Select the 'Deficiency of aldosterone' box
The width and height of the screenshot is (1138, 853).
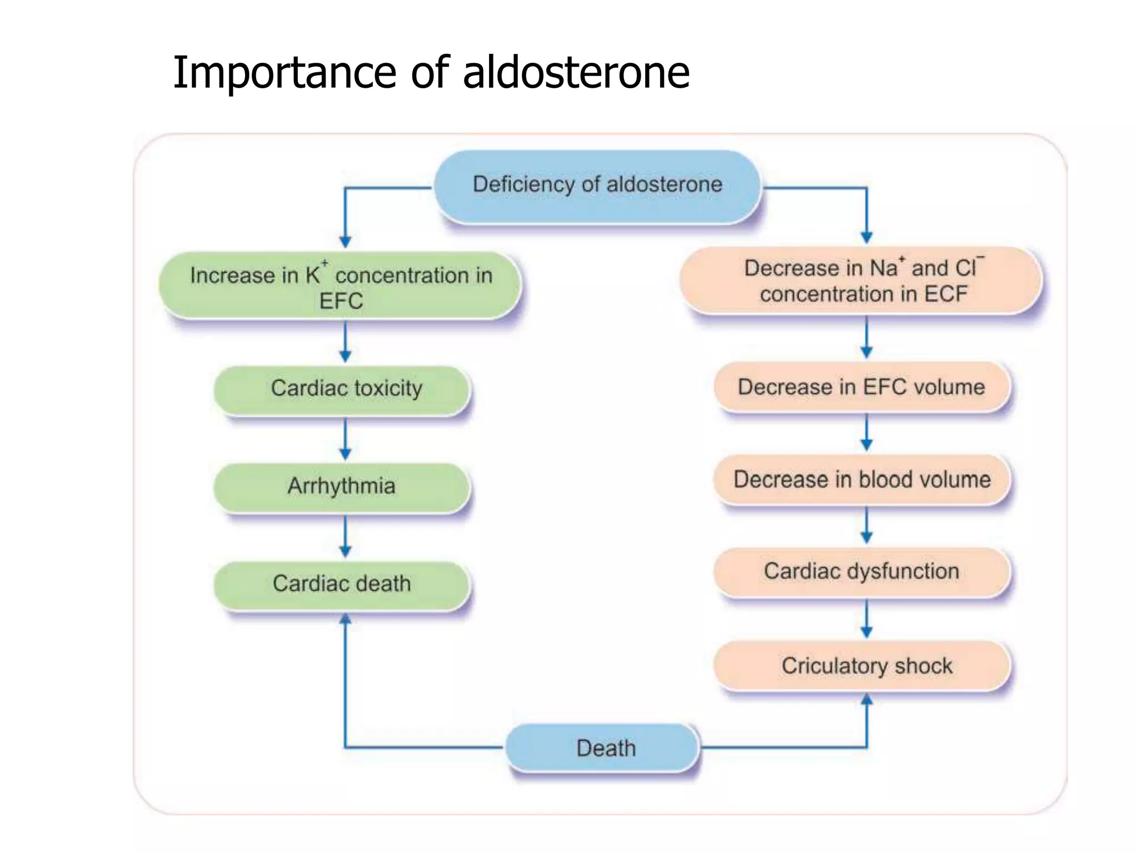[x=597, y=185]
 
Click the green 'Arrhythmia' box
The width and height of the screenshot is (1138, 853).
[x=342, y=486]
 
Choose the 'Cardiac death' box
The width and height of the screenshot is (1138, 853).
[x=342, y=584]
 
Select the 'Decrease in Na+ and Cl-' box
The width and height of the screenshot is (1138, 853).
[x=861, y=281]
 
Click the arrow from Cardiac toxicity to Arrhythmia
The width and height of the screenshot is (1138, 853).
[x=345, y=439]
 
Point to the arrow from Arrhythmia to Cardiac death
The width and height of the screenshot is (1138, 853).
[x=345, y=536]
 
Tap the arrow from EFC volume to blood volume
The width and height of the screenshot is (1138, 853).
[x=866, y=433]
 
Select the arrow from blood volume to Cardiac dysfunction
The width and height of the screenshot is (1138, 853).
[x=866, y=525]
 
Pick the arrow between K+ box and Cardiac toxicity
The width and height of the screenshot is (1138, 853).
[x=345, y=342]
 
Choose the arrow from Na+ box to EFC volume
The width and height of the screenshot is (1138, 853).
[x=866, y=338]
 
